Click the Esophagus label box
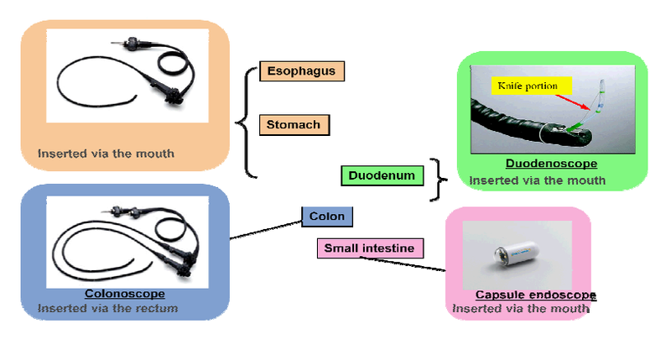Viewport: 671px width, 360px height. pyautogui.click(x=302, y=71)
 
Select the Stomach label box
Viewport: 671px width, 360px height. pyautogui.click(x=294, y=125)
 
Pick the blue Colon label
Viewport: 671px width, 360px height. pyautogui.click(x=327, y=217)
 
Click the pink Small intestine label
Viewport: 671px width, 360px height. pyautogui.click(x=370, y=248)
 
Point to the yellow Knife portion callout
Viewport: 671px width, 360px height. pyautogui.click(x=533, y=86)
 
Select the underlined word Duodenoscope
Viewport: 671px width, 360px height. pyautogui.click(x=551, y=164)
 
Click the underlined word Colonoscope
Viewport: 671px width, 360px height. pyautogui.click(x=124, y=294)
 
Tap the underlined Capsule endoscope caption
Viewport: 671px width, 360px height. pyautogui.click(x=535, y=295)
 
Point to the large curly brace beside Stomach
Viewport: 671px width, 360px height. pyautogui.click(x=245, y=123)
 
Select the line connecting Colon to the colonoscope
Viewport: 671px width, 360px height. pyautogui.click(x=266, y=228)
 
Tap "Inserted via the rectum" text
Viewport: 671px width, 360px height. pyautogui.click(x=107, y=309)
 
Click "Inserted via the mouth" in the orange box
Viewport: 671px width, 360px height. pyautogui.click(x=106, y=154)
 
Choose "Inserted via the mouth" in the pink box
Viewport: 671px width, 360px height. pyautogui.click(x=520, y=309)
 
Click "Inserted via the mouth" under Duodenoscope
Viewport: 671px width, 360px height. pyautogui.click(x=537, y=180)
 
